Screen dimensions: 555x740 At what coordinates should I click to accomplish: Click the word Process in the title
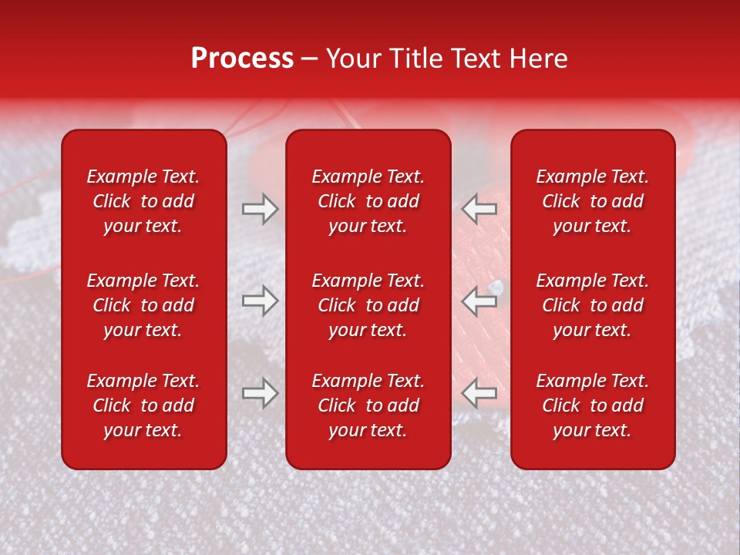242,59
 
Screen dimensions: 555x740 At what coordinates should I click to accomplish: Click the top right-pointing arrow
260,209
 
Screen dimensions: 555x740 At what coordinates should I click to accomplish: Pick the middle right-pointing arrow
260,301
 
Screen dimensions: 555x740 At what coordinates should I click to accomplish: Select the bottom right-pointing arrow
260,393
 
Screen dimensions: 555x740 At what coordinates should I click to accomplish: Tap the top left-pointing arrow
479,209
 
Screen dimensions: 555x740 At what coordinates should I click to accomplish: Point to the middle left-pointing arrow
479,301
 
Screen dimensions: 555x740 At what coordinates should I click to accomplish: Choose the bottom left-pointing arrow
479,393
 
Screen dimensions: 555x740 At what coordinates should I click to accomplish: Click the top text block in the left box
143,201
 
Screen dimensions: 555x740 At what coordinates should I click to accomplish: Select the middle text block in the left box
143,305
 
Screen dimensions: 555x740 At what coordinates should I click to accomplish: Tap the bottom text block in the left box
143,405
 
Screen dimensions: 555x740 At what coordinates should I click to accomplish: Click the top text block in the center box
368,201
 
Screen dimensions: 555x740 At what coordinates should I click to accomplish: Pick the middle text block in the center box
368,305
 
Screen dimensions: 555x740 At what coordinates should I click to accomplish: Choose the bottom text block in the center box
368,405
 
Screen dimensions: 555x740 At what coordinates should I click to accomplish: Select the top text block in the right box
592,201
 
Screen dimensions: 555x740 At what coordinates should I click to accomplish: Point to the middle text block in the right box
592,305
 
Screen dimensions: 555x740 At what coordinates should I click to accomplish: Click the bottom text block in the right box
592,405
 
